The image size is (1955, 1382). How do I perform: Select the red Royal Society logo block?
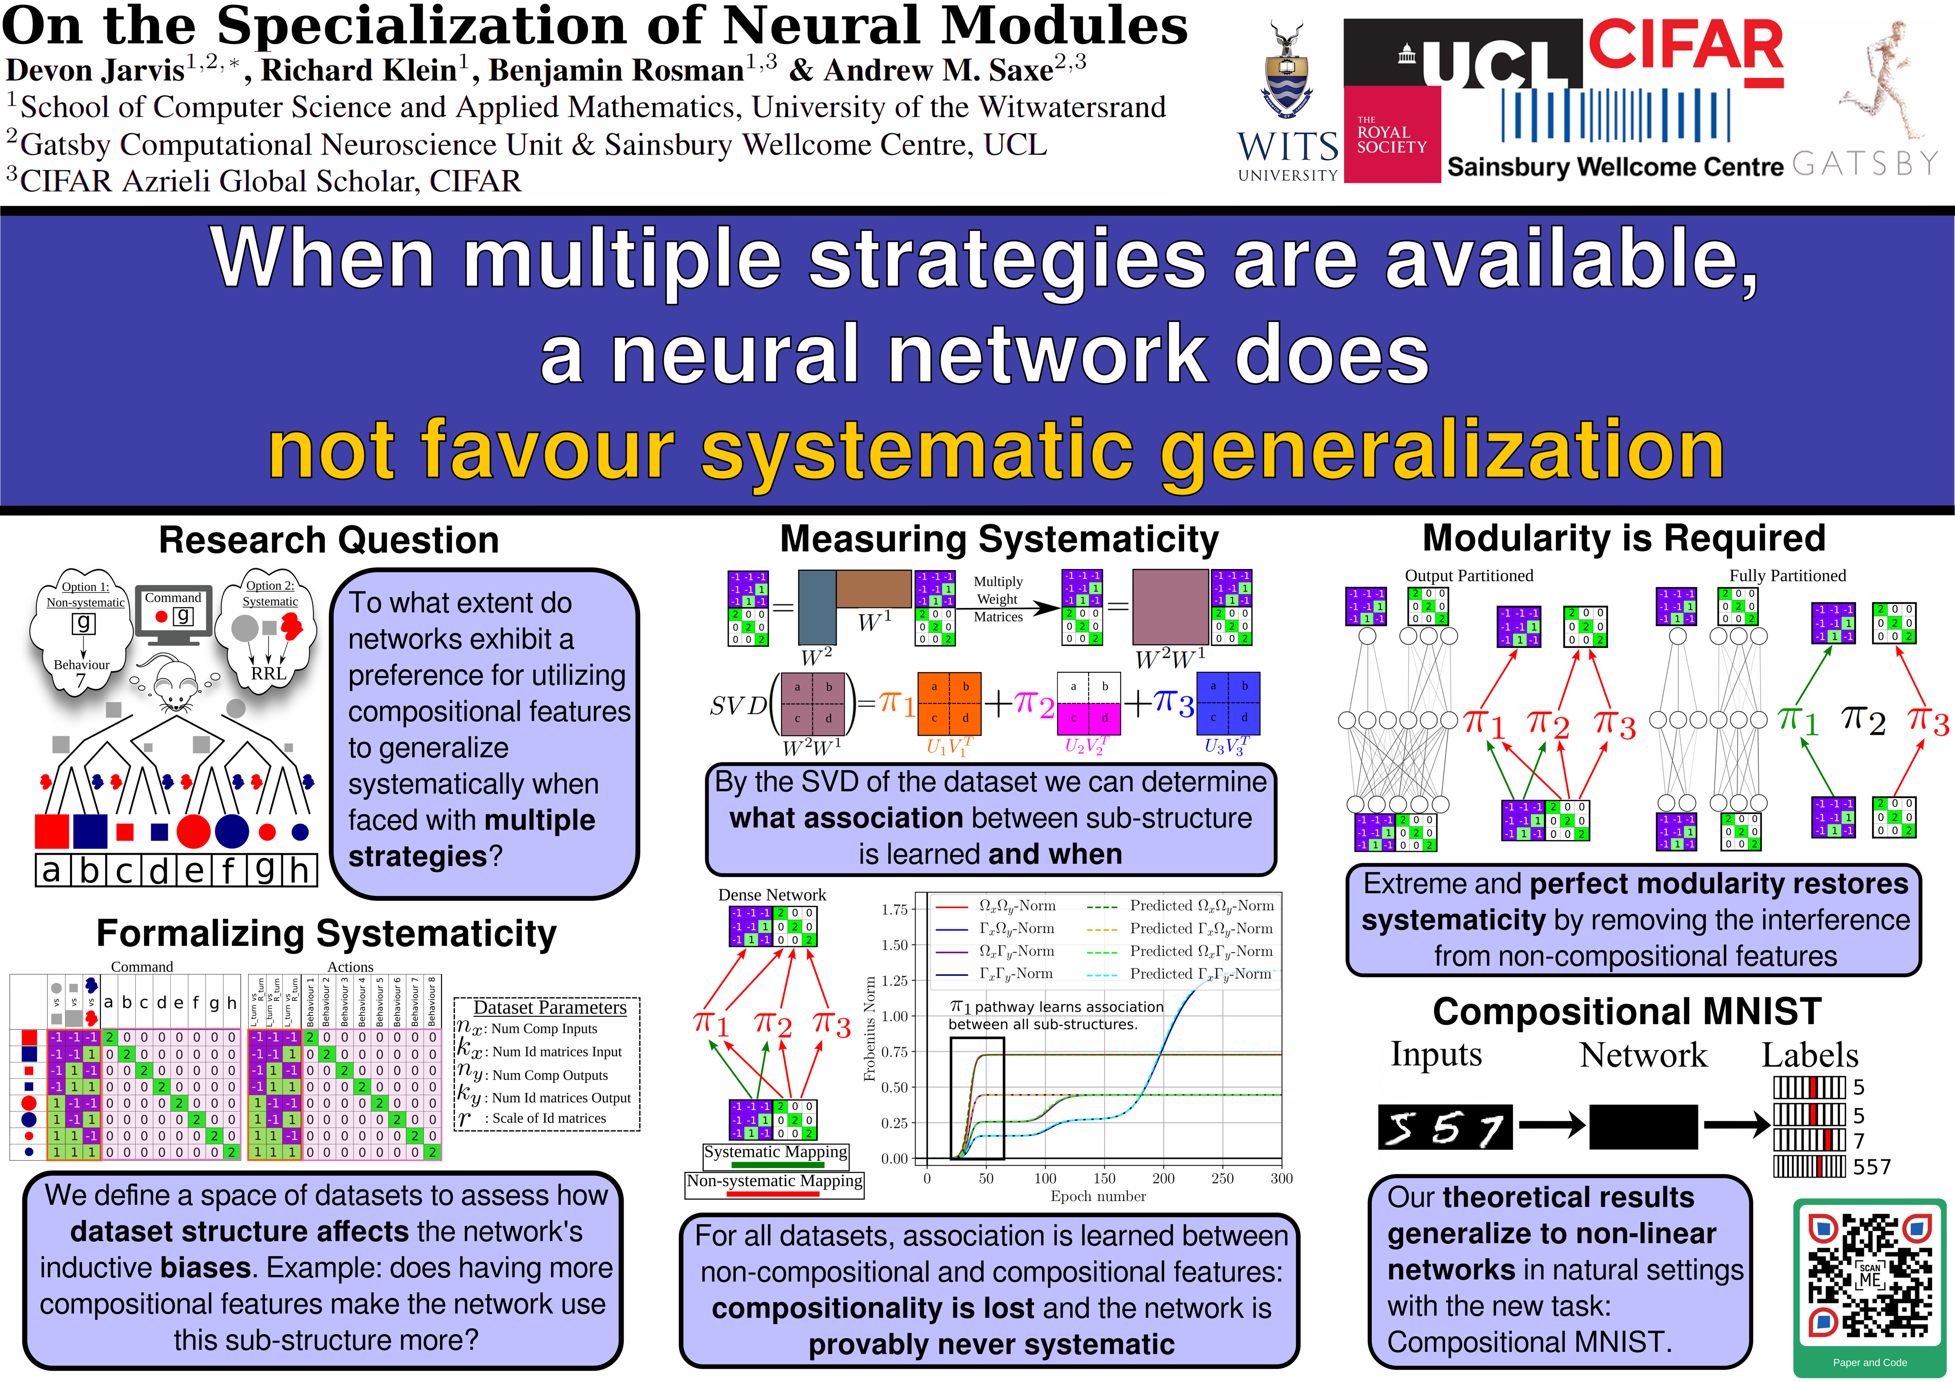click(x=1391, y=134)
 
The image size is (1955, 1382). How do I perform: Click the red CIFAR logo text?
click(x=1685, y=47)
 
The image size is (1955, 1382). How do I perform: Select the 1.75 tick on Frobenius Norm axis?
click(x=894, y=909)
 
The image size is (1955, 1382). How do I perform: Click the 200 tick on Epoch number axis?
click(x=1163, y=1179)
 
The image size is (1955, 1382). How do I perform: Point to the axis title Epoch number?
click(x=1098, y=1196)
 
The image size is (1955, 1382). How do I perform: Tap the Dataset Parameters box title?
click(x=549, y=1007)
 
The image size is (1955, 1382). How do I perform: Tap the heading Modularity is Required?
click(x=1624, y=538)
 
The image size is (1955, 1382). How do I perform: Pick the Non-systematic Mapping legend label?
click(x=774, y=1181)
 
